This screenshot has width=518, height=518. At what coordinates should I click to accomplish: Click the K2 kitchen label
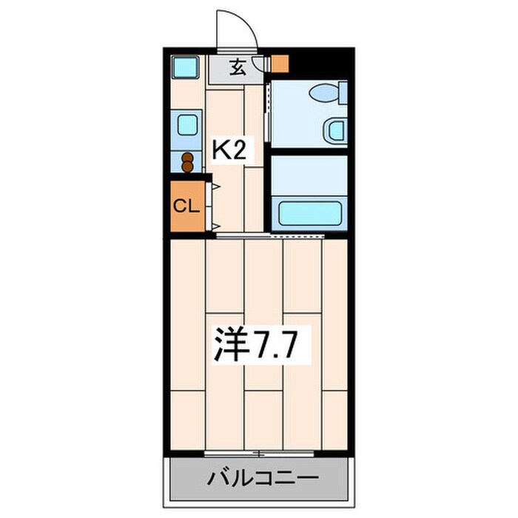pyautogui.click(x=229, y=150)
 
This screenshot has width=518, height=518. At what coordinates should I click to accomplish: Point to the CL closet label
pyautogui.click(x=186, y=206)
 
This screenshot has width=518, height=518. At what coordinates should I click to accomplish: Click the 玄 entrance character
pyautogui.click(x=238, y=67)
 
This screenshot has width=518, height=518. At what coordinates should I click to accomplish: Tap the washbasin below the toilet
pyautogui.click(x=333, y=130)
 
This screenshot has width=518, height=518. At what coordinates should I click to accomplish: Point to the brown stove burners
pyautogui.click(x=188, y=162)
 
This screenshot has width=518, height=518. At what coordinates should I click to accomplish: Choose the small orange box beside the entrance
pyautogui.click(x=279, y=64)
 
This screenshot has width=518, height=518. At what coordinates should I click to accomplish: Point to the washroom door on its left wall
pyautogui.click(x=267, y=111)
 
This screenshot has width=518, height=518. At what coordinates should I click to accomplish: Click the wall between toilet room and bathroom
pyautogui.click(x=309, y=152)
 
